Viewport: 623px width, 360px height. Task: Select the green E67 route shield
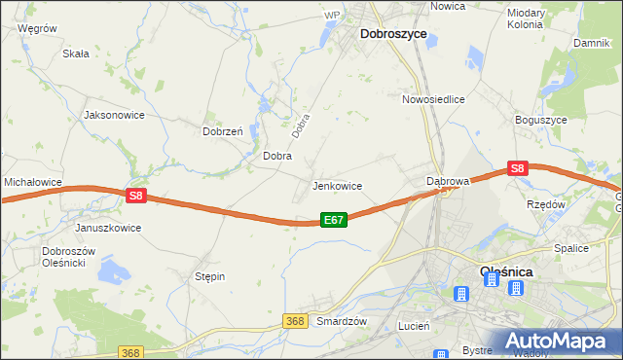click(x=334, y=221)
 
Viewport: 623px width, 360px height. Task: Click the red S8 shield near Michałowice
click(x=135, y=196)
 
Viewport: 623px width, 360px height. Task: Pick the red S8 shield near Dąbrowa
click(x=517, y=168)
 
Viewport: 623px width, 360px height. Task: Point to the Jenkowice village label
click(x=337, y=186)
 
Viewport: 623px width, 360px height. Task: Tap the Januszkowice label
click(x=108, y=228)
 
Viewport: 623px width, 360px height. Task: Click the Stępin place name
click(x=209, y=277)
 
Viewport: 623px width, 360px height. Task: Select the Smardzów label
click(x=341, y=321)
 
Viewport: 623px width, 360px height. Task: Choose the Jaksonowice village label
click(x=115, y=115)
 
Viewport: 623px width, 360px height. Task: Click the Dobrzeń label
click(x=221, y=131)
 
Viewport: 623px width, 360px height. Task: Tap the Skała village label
click(x=75, y=54)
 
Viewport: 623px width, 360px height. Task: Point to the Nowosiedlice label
click(x=433, y=99)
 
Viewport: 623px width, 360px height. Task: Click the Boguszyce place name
click(x=541, y=120)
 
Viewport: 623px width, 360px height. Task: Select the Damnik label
click(x=590, y=44)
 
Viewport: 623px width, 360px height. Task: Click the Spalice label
click(x=571, y=248)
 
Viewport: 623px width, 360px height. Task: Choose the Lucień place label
click(x=414, y=327)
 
